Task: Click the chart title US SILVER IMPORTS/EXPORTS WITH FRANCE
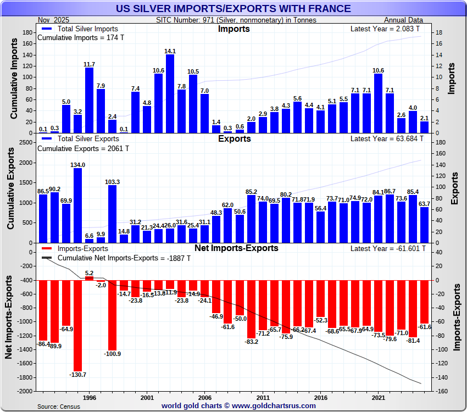click(x=233, y=8)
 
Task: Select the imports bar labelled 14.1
click(x=170, y=93)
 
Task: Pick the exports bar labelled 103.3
click(x=112, y=214)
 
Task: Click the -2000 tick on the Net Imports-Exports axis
click(x=24, y=391)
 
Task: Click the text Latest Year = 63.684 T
click(x=387, y=139)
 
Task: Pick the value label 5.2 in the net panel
click(x=89, y=273)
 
